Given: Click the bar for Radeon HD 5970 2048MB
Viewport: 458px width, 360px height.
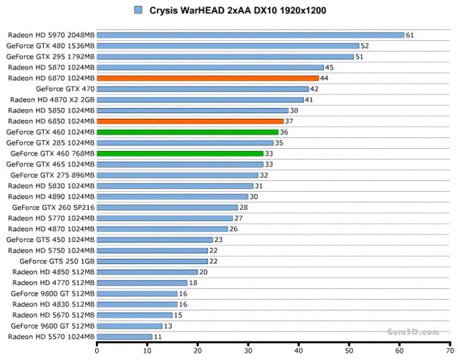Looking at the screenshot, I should [250, 34].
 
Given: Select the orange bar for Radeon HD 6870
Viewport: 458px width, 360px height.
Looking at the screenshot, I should [208, 78].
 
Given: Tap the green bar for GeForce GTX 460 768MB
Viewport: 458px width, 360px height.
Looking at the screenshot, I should [180, 153].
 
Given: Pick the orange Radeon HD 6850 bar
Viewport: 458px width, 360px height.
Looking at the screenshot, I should [190, 121].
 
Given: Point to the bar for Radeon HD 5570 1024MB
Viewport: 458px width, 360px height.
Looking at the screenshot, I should [124, 336].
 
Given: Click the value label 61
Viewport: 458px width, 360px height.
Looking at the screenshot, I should [409, 34].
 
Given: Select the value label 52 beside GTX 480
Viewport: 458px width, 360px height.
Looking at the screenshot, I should [364, 46].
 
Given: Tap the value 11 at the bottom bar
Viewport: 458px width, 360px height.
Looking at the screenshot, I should [157, 336].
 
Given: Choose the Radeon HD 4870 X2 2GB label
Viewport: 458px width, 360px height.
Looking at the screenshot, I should [52, 99].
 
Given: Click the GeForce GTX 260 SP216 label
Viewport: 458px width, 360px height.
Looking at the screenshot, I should [54, 208].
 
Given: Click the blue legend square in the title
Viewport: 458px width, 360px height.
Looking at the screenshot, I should [137, 10].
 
